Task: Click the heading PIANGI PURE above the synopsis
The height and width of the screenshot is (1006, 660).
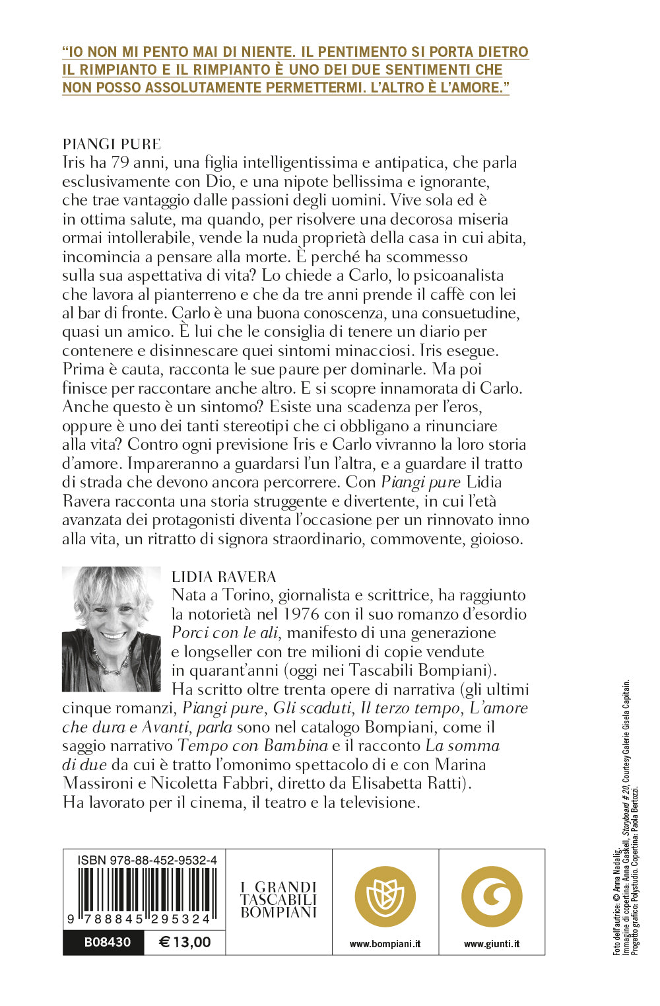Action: coord(112,144)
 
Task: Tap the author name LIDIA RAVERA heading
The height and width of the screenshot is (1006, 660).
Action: coord(224,577)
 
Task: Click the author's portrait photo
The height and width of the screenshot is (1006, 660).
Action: coord(112,629)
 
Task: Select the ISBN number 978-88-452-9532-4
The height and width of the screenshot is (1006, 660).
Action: coord(147,860)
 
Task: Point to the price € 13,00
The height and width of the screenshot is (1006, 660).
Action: coord(185,943)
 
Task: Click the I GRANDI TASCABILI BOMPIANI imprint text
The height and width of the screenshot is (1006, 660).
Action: coord(279,900)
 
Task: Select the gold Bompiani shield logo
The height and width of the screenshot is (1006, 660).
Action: coord(385,896)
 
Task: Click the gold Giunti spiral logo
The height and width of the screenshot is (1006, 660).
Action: coord(492,896)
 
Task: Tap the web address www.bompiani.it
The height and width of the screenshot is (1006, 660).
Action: coord(385,944)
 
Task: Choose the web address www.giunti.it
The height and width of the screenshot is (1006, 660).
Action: coord(492,944)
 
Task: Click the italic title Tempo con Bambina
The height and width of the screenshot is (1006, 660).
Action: coord(253,746)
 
